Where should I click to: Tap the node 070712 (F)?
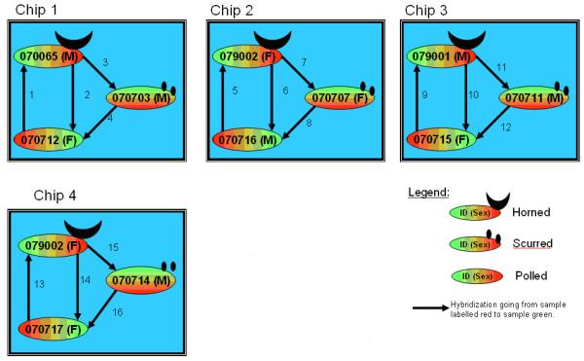click(50, 139)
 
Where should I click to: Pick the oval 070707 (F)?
click(338, 98)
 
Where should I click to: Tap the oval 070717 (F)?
click(51, 330)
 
